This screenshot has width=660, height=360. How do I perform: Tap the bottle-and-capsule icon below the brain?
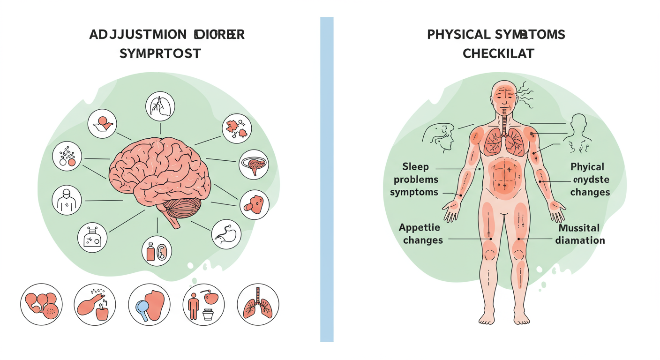pos(157,251)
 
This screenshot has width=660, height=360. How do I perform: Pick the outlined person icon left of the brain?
pos(66,200)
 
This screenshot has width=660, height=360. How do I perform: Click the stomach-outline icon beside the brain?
pos(226,234)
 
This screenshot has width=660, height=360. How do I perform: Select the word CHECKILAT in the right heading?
pos(498,53)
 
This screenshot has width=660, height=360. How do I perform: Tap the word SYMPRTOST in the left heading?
pos(160,53)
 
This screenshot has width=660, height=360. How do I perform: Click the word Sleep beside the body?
pos(415,167)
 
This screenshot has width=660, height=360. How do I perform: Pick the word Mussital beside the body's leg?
pos(579,228)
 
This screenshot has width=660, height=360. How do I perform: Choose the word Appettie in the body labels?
pos(420,228)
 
